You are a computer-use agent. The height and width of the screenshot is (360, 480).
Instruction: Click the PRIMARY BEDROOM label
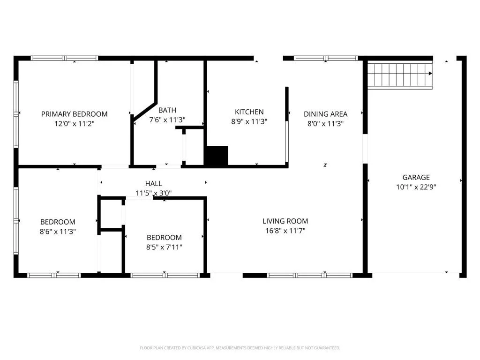point(75,114)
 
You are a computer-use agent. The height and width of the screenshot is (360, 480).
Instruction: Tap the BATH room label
point(167,110)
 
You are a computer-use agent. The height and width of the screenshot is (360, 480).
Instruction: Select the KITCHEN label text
point(249,112)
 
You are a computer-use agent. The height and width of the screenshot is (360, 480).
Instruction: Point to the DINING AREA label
point(325,114)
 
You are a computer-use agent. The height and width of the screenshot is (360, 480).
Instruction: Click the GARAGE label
point(416,178)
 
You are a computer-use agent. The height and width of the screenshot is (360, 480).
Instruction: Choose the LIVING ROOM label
point(285,221)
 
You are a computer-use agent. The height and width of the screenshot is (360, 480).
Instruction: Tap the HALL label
point(154,184)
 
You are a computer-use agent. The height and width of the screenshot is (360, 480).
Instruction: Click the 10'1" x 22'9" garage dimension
point(416,187)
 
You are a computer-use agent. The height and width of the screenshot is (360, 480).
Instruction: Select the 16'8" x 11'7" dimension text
point(285,231)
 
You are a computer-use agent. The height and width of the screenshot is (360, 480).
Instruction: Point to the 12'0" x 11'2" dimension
point(75,124)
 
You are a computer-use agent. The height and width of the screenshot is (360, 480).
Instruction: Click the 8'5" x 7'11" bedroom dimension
point(164,247)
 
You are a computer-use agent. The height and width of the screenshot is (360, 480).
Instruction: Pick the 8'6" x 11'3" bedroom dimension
point(58,232)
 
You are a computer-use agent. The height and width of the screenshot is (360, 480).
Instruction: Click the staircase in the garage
point(400,75)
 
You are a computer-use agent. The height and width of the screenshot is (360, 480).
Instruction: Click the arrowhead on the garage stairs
point(430,74)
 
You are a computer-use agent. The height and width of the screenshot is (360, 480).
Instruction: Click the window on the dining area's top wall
point(326,58)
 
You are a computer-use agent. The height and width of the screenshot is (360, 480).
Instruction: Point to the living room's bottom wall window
point(309,276)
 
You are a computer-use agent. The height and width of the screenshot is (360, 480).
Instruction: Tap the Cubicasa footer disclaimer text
point(240,348)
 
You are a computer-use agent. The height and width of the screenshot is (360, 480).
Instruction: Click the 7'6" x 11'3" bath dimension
point(167,120)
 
